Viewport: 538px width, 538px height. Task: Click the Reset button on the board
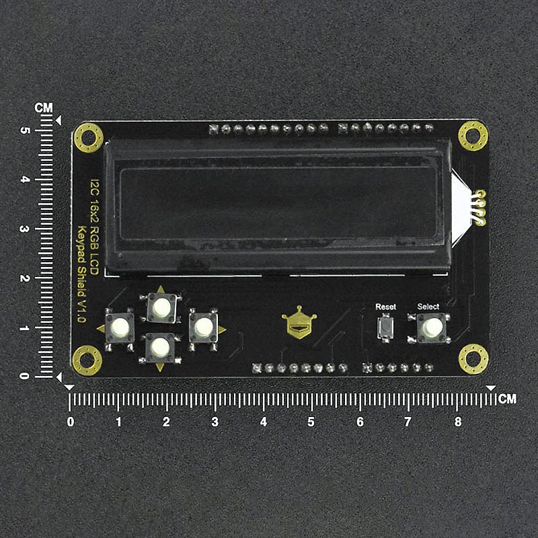(x=385, y=328)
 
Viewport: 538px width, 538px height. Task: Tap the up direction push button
(x=161, y=307)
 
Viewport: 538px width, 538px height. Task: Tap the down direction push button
(x=160, y=348)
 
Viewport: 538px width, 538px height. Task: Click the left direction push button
(x=120, y=327)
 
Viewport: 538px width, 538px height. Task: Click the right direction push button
(x=204, y=328)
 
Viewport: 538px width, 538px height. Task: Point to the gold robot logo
(x=299, y=323)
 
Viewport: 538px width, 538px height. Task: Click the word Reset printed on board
(x=385, y=307)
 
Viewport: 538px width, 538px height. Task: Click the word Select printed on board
(x=428, y=307)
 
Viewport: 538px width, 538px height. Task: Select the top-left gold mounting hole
(x=89, y=138)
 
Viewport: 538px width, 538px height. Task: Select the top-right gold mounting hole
(x=473, y=136)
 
